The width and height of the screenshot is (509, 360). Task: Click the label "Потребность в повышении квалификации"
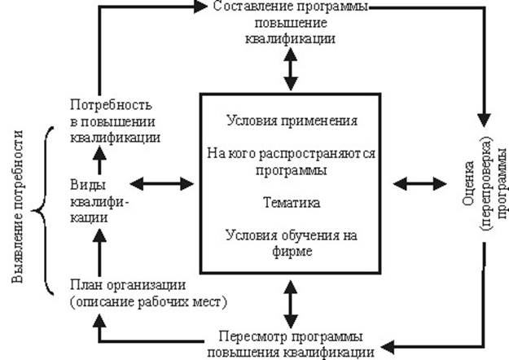[x=115, y=121]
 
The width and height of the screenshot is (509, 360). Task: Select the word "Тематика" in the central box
[x=291, y=201]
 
